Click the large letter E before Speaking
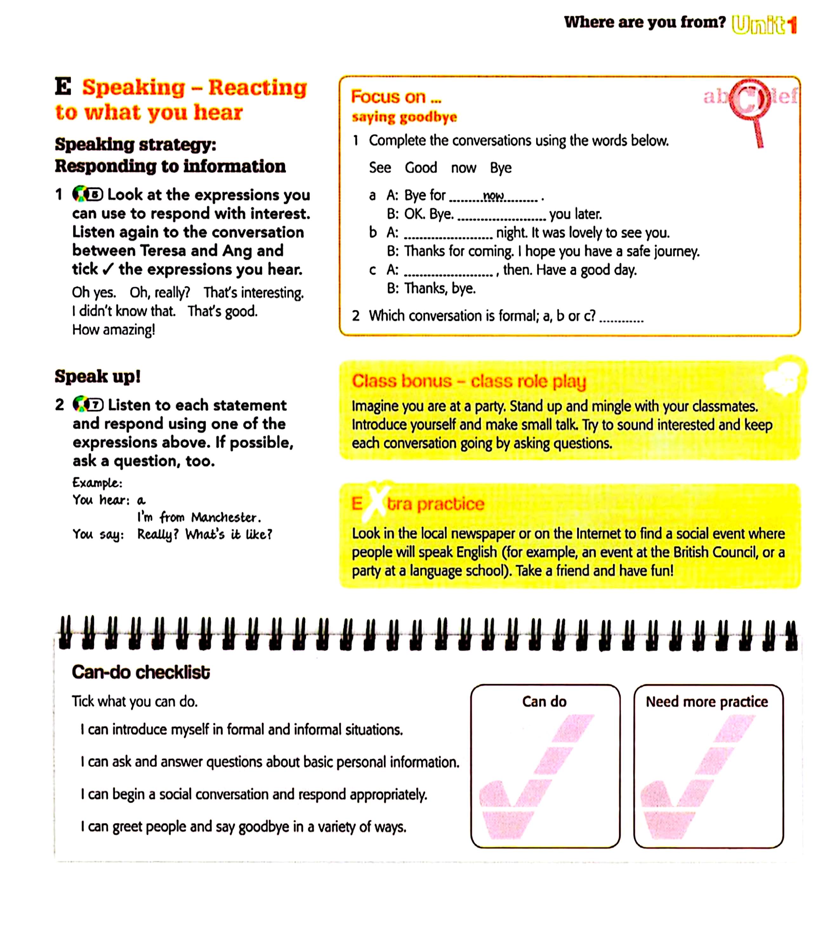click(63, 87)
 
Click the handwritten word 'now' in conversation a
click(493, 196)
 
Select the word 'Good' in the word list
click(421, 168)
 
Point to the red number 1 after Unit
click(792, 25)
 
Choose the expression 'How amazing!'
click(113, 330)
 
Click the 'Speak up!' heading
click(97, 377)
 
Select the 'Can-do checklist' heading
click(141, 672)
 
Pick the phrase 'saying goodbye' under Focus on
click(404, 117)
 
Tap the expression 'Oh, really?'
click(159, 293)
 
